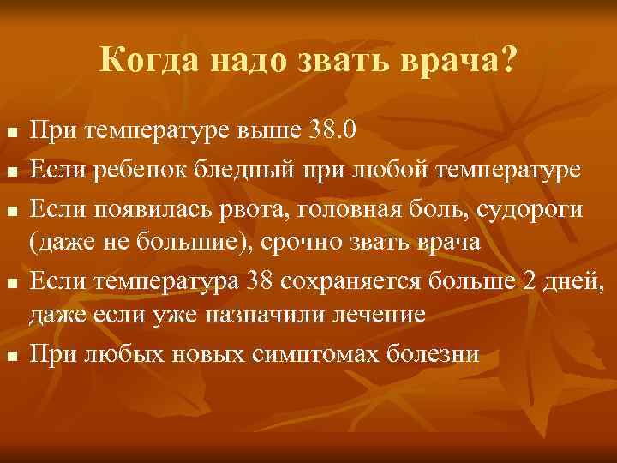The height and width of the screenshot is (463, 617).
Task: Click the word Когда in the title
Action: (x=144, y=60)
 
